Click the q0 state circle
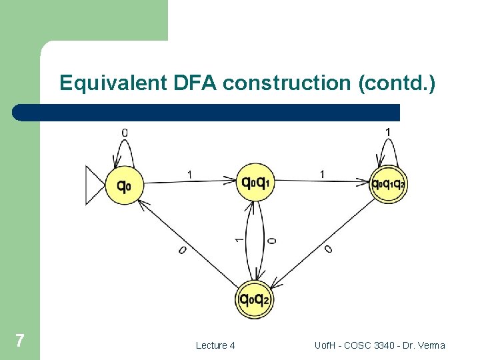(x=124, y=186)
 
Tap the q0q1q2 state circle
(x=388, y=183)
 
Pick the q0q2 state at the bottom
(x=254, y=299)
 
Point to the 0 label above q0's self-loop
(x=124, y=133)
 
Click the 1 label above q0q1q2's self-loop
(x=388, y=132)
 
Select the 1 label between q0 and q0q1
(x=190, y=175)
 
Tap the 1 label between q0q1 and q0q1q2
(x=323, y=174)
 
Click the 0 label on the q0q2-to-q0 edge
(x=182, y=251)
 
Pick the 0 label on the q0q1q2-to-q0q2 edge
(x=328, y=249)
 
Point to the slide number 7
(x=20, y=341)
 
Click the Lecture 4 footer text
(x=215, y=345)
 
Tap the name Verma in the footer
(x=430, y=345)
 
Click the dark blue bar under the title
(x=207, y=112)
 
